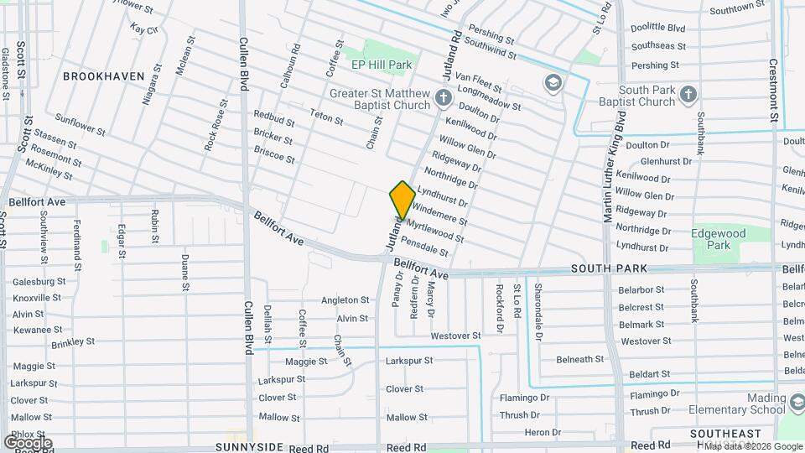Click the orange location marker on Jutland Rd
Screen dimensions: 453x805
pos(402,200)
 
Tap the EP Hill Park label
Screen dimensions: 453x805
pos(382,65)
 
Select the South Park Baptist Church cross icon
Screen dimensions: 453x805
pos(688,93)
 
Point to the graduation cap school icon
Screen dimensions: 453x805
pos(552,82)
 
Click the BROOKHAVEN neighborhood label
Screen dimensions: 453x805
pos(104,76)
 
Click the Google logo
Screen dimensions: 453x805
pos(27,442)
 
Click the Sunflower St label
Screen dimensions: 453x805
pos(80,125)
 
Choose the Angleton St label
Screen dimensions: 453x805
pos(345,300)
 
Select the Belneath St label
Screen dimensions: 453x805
pos(580,359)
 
